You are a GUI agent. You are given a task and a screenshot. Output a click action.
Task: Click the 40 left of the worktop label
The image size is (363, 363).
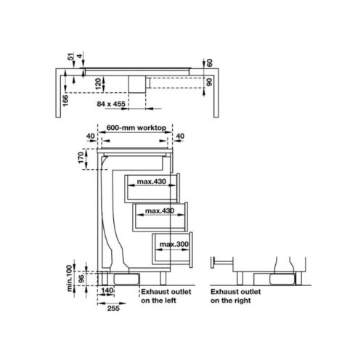tap(90, 136)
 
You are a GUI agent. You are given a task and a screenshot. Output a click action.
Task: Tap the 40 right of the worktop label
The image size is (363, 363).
tap(179, 136)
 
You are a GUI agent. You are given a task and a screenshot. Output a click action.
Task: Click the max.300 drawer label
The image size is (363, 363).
tap(174, 244)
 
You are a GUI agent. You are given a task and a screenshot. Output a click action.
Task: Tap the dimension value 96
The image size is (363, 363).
tap(81, 277)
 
